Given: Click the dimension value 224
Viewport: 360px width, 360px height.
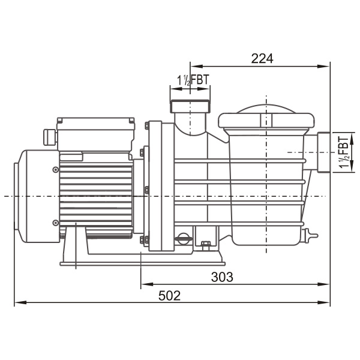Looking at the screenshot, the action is click(262, 59).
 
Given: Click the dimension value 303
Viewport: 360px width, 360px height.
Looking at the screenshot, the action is click(222, 277).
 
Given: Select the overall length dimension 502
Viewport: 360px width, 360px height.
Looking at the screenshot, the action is click(169, 296).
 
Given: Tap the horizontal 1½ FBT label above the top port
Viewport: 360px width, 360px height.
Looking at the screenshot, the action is click(193, 80).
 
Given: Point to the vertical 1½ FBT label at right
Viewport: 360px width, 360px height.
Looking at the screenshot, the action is click(344, 152).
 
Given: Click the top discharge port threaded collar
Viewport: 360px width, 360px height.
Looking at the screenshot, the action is click(190, 106).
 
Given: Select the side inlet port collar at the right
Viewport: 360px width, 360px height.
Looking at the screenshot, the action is click(324, 152).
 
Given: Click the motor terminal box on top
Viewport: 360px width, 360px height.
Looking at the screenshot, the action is click(96, 134).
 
